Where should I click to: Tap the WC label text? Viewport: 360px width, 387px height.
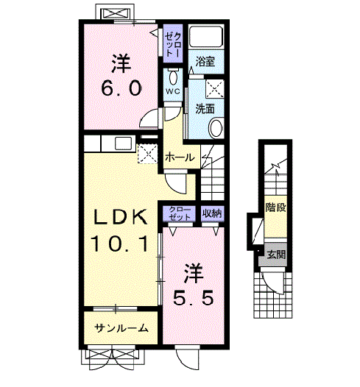(172, 91)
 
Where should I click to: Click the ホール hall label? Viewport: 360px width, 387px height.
(180, 157)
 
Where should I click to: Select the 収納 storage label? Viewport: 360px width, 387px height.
(212, 213)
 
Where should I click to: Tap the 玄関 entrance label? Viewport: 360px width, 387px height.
(276, 255)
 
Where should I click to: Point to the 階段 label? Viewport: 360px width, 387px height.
(275, 207)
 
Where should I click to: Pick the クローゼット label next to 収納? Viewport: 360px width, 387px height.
(180, 213)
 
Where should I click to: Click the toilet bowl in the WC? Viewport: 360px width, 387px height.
(172, 77)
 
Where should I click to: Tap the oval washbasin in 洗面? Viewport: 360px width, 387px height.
(216, 129)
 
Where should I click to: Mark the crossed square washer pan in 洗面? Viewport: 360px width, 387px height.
(213, 88)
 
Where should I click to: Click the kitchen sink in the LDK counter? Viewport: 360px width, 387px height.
(122, 143)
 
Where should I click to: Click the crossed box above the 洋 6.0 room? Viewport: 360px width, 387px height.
(115, 14)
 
